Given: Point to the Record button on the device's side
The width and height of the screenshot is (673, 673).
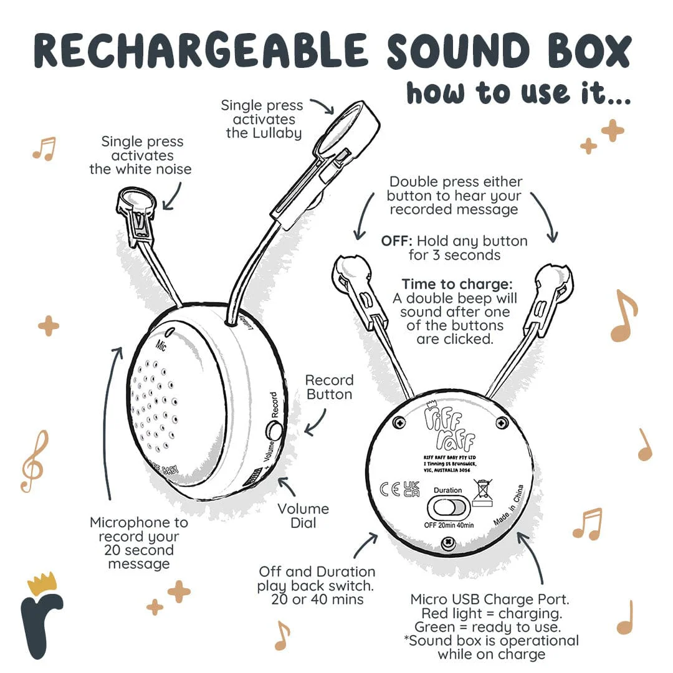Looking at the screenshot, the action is pos(274,430).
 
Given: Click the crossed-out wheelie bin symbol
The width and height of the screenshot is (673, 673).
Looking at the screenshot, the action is pos(482,493).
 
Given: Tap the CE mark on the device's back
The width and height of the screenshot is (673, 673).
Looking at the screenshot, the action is pos(390,489).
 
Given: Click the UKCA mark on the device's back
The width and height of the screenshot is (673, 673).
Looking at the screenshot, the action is pos(411,489).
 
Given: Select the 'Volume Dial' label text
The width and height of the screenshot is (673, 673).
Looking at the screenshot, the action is pos(303,516).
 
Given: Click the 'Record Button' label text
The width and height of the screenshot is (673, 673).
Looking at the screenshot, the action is pos(329,387).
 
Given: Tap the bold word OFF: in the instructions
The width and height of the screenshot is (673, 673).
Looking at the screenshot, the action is pos(396,241).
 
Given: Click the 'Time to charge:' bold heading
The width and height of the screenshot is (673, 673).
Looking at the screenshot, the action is pos(457,284).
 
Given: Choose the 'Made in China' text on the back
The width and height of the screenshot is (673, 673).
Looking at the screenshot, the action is pos(509,505).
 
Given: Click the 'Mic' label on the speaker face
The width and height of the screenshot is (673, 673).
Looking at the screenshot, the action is pos(161,345).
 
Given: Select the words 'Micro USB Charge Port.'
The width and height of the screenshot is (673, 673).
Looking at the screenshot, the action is pos(490,599).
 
